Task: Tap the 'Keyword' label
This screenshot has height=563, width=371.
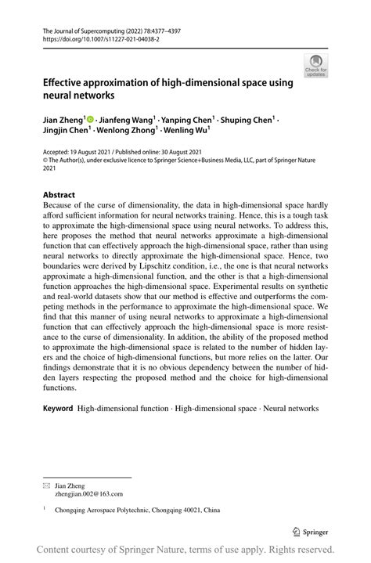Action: (58, 408)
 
